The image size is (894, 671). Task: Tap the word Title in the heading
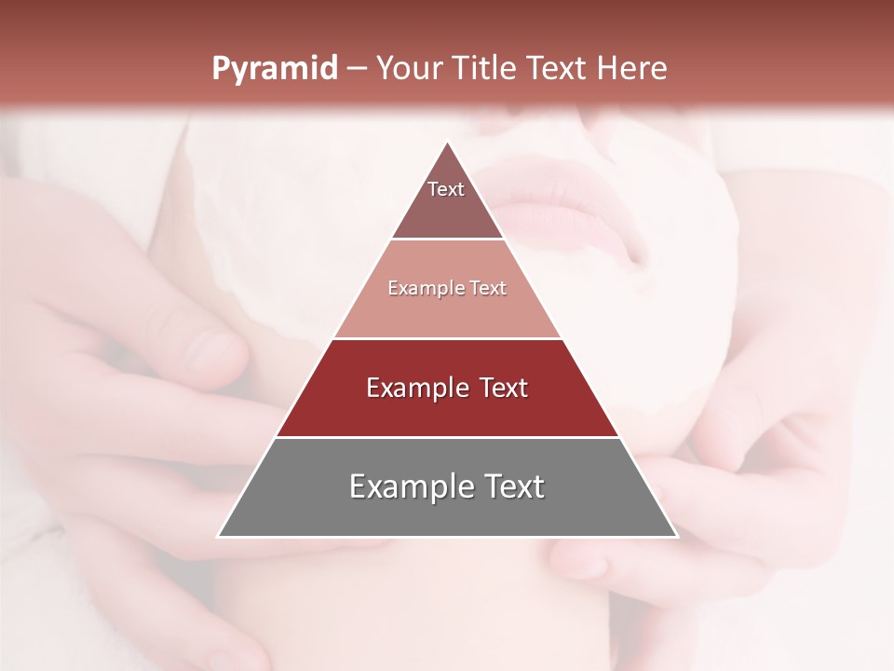tap(485, 69)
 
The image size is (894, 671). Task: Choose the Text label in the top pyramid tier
tap(446, 189)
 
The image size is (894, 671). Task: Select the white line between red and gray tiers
tap(447, 437)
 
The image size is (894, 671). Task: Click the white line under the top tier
tap(447, 240)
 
